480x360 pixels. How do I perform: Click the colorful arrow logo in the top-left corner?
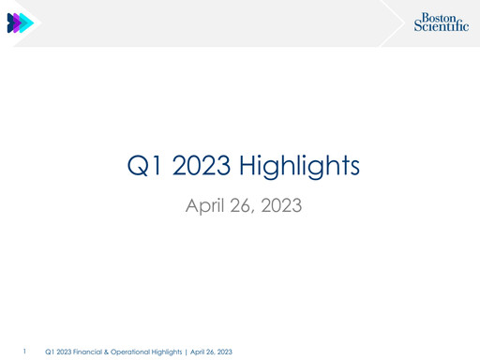(20, 23)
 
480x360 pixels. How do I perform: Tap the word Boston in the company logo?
(439, 17)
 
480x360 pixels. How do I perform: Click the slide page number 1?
(23, 351)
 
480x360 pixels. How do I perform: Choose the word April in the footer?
(199, 352)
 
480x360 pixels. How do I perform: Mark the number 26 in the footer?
(211, 352)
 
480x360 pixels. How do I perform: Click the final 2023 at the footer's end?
(225, 352)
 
